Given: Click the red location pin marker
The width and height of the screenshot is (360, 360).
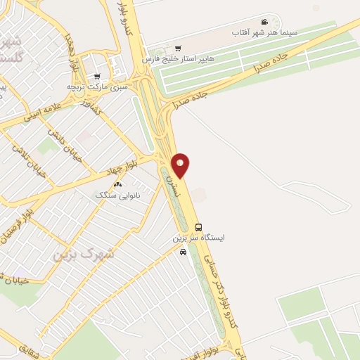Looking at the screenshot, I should (x=181, y=165).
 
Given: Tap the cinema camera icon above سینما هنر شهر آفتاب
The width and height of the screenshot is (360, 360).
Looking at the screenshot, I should (x=264, y=22).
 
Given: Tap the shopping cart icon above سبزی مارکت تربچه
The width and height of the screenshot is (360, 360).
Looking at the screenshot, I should (x=96, y=76).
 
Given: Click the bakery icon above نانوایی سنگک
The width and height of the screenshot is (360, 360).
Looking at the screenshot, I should (x=117, y=184).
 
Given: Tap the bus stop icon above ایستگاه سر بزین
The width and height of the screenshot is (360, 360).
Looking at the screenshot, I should (x=199, y=227).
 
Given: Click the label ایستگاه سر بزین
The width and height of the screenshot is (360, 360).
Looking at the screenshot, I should (x=199, y=238).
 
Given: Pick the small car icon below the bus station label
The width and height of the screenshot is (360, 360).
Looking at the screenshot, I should (x=184, y=252).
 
